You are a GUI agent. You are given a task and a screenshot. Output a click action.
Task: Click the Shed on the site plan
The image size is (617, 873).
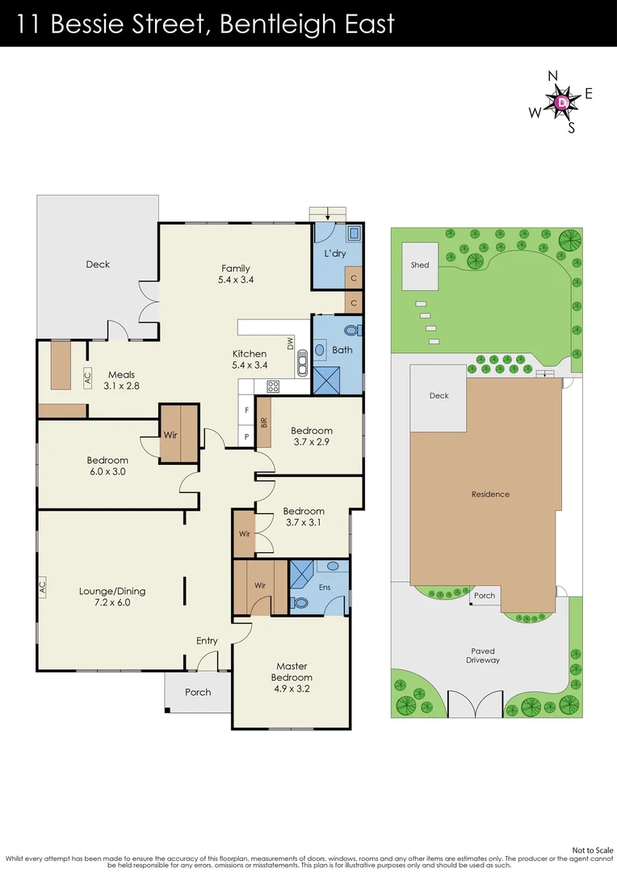pyautogui.click(x=420, y=266)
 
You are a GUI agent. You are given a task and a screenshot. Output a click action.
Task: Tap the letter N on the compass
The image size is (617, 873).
pyautogui.click(x=553, y=76)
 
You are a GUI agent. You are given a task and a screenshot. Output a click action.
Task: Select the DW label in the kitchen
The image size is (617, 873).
pyautogui.click(x=290, y=344)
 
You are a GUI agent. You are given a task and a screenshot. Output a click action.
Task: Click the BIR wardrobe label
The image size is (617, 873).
pyautogui.click(x=264, y=423)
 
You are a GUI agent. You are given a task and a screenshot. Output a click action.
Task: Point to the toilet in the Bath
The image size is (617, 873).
pyautogui.click(x=352, y=331)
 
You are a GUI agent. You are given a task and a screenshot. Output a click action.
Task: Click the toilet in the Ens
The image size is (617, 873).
pyautogui.click(x=300, y=603)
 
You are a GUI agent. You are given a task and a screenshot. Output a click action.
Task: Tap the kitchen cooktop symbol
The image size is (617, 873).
pyautogui.click(x=273, y=386)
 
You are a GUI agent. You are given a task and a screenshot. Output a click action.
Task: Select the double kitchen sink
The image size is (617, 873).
pyautogui.click(x=302, y=362)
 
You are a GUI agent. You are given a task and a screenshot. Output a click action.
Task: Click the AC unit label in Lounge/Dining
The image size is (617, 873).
pyautogui.click(x=42, y=586)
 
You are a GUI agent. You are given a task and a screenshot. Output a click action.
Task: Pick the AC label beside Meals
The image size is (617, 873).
pyautogui.click(x=87, y=377)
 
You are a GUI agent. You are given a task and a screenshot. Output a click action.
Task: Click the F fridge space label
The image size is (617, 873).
pyautogui.click(x=246, y=411)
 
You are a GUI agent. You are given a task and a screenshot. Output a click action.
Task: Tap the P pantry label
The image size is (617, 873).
pyautogui.click(x=246, y=437)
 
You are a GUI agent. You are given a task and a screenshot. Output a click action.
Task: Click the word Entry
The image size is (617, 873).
pyautogui.click(x=207, y=641)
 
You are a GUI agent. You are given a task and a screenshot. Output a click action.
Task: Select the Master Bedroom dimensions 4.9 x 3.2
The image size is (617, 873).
pyautogui.click(x=292, y=689)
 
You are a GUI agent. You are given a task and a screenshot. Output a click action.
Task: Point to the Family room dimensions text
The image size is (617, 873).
pyautogui.click(x=236, y=280)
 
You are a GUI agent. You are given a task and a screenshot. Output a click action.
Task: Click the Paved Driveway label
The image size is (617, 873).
pyautogui.click(x=483, y=656)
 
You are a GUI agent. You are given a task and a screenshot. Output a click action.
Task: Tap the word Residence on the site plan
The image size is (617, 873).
pyautogui.click(x=491, y=494)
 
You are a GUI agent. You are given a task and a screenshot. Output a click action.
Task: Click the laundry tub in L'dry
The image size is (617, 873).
pyautogui.click(x=354, y=232)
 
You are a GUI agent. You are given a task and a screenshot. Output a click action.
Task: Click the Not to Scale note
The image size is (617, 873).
pyautogui.click(x=593, y=850)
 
